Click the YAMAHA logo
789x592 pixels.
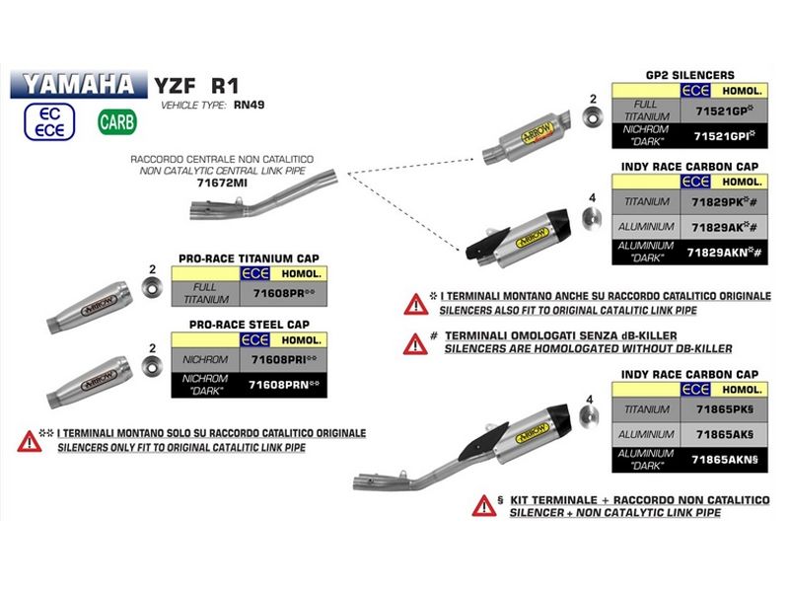[78, 83]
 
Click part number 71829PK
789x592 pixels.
[719, 202]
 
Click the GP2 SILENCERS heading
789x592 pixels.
[689, 75]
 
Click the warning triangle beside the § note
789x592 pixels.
[484, 506]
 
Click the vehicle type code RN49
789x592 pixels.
[251, 104]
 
